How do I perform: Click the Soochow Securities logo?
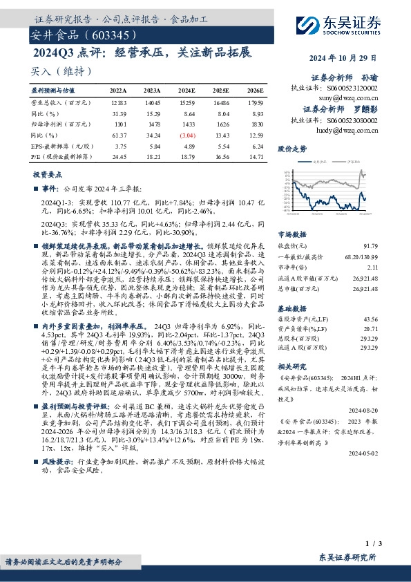pos(340,25)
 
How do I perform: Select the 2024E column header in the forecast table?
pos(187,91)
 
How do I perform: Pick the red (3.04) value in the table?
pos(187,136)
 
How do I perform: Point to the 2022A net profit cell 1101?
pos(118,124)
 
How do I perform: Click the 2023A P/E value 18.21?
pos(152,158)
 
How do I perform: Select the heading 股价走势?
pos(291,148)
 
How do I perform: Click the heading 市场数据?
pos(291,234)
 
